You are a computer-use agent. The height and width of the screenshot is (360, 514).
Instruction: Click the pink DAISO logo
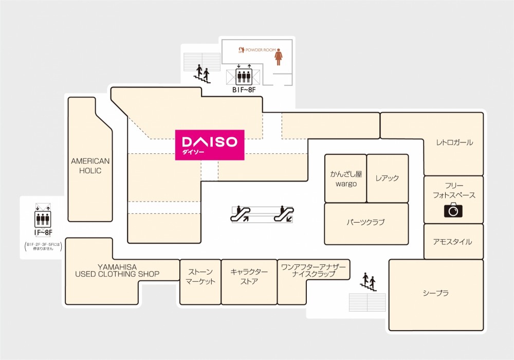point(210,145)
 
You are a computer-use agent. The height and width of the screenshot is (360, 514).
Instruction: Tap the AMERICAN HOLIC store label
point(90,166)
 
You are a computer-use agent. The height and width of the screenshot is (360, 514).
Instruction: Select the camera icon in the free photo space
point(453,210)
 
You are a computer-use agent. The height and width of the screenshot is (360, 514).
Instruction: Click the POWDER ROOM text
point(261,50)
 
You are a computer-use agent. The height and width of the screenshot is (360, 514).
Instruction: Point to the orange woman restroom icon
point(279,57)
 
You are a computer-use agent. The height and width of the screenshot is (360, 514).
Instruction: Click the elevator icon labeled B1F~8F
point(244,77)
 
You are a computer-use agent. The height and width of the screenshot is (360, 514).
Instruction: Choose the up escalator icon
point(240,213)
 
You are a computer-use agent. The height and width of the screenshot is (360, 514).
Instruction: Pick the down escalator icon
point(284,213)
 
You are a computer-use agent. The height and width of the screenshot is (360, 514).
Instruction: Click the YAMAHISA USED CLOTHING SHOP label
point(117,271)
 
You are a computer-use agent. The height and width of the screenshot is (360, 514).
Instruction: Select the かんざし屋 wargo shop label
point(346,179)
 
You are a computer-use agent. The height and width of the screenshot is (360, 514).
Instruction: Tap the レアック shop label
point(387,178)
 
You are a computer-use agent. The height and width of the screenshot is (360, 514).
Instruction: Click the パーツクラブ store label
point(365,222)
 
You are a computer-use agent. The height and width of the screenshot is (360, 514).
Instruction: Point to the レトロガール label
point(454,142)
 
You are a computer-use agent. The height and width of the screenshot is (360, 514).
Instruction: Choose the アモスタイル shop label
point(453,242)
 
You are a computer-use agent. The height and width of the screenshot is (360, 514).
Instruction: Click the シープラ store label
point(436,293)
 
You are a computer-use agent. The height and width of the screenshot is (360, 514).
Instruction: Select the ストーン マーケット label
point(200,277)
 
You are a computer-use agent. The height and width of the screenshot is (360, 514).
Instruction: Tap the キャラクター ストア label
point(249,277)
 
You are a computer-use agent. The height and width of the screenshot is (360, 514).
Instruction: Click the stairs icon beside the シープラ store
point(369,282)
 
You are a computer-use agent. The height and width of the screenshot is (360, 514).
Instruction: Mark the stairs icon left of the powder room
point(203,74)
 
